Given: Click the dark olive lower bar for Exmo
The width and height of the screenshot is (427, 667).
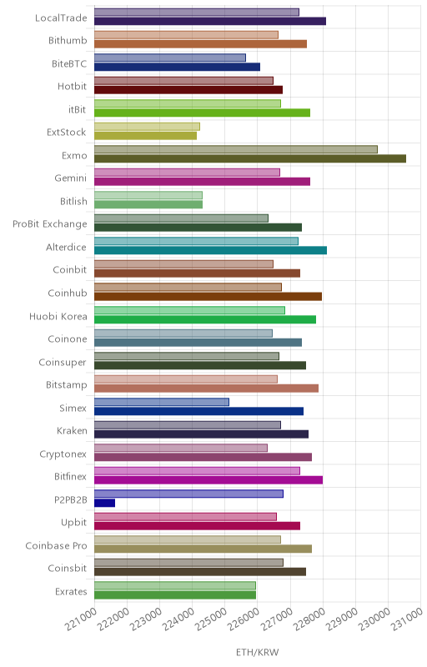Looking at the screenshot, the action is (x=250, y=158).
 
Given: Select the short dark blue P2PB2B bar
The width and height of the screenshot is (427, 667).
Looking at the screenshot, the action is (x=104, y=503).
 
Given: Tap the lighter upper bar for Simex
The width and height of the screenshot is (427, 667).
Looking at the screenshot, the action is (x=162, y=402).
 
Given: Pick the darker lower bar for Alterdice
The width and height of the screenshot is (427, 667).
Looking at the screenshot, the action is (x=210, y=251).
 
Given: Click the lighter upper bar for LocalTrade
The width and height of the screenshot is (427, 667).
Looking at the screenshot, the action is (x=197, y=12).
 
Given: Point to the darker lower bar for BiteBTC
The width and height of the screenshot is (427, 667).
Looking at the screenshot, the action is (x=177, y=67).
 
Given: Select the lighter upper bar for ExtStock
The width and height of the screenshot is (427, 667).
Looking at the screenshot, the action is (x=147, y=127).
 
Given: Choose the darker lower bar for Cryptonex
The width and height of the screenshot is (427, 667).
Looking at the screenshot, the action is (x=203, y=457).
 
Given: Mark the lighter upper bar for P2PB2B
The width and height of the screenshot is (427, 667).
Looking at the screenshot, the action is (x=188, y=494).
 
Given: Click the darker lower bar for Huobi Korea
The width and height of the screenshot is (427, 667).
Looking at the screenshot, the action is (x=205, y=319).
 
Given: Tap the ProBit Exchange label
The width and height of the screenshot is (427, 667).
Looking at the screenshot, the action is (x=50, y=224).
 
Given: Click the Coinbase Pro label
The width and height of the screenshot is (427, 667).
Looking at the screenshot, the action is (x=56, y=546).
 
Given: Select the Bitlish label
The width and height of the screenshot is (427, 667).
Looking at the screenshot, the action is (x=73, y=201).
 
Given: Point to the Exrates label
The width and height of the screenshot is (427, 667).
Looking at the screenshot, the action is (x=71, y=592).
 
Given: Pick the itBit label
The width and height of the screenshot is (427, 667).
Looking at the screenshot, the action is (x=77, y=109).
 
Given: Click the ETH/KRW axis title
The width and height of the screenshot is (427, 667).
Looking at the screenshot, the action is (x=258, y=653).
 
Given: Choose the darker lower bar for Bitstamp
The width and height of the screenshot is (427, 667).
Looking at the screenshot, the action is (x=206, y=389).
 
